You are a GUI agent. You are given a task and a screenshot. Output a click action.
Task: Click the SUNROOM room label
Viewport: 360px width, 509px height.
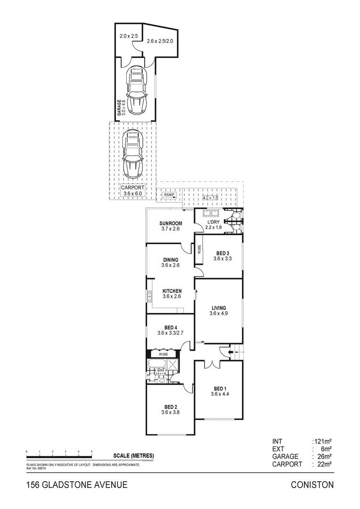point(171,223)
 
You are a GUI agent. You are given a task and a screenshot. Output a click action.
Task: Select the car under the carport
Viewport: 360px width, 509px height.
point(132,154)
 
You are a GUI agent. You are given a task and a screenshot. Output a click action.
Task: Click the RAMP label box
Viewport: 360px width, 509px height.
point(169,195)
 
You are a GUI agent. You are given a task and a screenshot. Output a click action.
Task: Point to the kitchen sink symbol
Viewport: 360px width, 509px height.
point(149,296)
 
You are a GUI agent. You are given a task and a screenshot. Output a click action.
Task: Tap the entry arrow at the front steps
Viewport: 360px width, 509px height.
point(230,351)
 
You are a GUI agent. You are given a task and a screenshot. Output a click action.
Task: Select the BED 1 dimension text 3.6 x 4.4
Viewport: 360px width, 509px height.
point(220,394)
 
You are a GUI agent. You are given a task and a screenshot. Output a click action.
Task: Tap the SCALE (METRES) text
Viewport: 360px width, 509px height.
point(133,456)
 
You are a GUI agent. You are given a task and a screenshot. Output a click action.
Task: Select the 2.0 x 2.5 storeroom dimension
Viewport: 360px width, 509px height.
point(128,36)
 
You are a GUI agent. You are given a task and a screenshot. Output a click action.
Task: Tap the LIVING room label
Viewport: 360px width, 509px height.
point(219,308)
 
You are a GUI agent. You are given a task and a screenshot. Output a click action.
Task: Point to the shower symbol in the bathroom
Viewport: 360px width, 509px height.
point(172,364)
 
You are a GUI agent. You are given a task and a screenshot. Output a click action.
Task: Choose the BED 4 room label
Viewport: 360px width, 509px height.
point(171,328)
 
